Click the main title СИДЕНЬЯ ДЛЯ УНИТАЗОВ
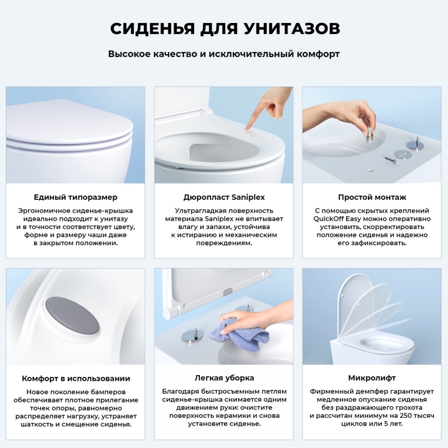224,29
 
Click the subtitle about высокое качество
224,55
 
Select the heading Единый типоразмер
76,197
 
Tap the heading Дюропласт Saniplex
224,197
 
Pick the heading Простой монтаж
372,197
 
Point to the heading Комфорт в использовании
76,378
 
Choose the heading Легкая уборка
224,378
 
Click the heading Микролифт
372,378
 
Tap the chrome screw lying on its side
390,160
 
